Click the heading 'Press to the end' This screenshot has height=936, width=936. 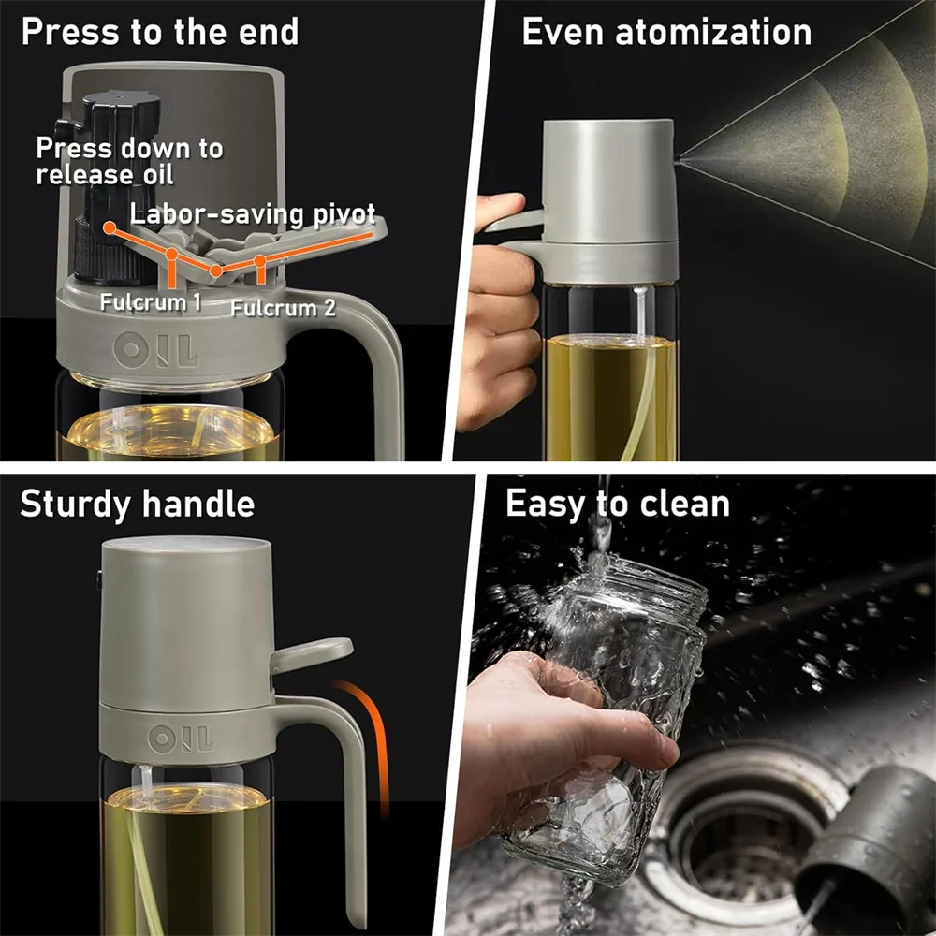pyautogui.click(x=159, y=32)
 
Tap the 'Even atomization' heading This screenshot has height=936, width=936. pyautogui.click(x=666, y=32)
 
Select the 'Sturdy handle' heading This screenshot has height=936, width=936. pyautogui.click(x=137, y=504)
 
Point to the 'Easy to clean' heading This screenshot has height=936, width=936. pyautogui.click(x=617, y=504)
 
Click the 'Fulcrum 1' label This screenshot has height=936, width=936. pyautogui.click(x=151, y=302)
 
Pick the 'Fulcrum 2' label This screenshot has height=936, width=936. pyautogui.click(x=283, y=307)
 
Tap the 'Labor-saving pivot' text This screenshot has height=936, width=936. pyautogui.click(x=253, y=213)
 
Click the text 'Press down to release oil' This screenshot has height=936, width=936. pyautogui.click(x=129, y=160)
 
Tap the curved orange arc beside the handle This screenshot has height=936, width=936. pyautogui.click(x=370, y=739)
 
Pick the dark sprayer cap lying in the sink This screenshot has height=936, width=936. pyautogui.click(x=866, y=833)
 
